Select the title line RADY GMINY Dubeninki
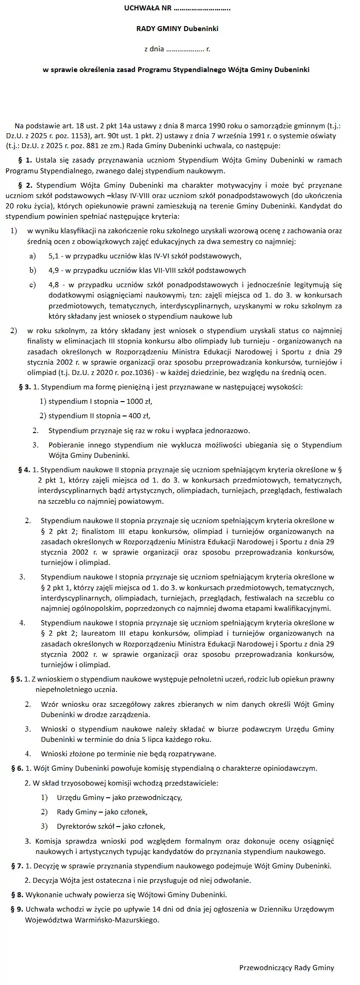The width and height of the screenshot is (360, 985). click(x=177, y=29)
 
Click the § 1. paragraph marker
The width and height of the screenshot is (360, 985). click(x=25, y=160)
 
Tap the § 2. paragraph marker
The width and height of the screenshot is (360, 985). click(x=25, y=185)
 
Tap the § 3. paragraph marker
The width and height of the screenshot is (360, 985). click(x=25, y=387)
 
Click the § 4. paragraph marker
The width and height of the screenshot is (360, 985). click(x=24, y=470)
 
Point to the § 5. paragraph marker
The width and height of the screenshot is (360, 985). click(x=16, y=679)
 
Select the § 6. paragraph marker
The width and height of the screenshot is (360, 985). click(x=17, y=768)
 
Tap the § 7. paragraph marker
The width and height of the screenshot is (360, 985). click(x=17, y=866)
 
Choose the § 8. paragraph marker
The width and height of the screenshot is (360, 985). click(x=17, y=895)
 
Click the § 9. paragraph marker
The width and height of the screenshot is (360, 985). click(x=17, y=909)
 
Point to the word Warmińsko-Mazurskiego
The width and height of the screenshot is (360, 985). click(x=114, y=920)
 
